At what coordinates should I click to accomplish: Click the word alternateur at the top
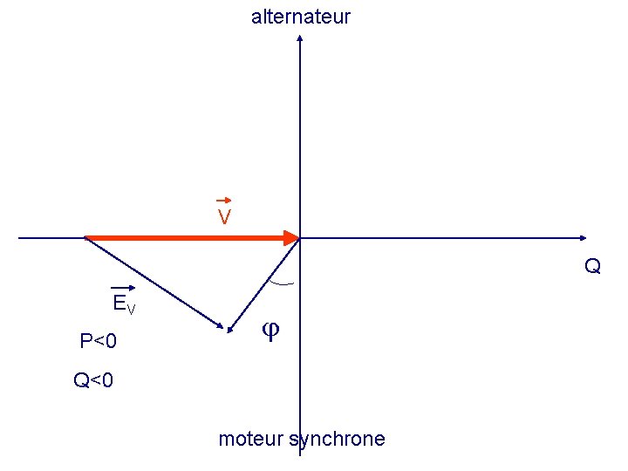(x=301, y=17)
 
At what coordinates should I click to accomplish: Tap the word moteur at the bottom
(x=249, y=439)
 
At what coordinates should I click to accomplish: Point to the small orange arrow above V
(x=223, y=201)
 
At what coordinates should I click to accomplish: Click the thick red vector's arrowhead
(x=291, y=237)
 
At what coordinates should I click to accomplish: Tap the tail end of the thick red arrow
(x=87, y=237)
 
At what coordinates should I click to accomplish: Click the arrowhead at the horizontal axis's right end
(x=582, y=237)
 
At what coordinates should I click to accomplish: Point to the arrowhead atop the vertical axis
(x=300, y=38)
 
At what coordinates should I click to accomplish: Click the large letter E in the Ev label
(x=119, y=304)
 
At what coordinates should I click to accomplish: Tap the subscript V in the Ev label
(x=131, y=309)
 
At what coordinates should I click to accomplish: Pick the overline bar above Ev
(x=122, y=289)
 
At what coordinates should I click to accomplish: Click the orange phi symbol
(x=270, y=331)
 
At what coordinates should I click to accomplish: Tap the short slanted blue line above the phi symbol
(x=264, y=284)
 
